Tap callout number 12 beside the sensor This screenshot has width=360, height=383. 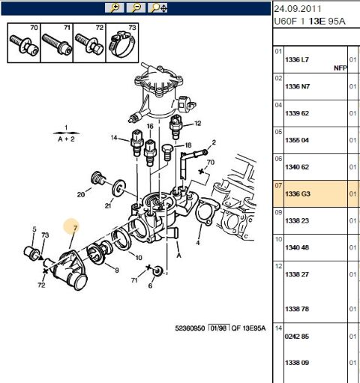tap(197, 123)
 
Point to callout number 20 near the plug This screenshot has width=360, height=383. tap(82, 194)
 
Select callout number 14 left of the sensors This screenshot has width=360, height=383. tap(115, 138)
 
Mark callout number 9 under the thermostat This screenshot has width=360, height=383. tap(116, 269)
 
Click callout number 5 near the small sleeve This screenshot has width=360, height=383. tap(33, 229)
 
